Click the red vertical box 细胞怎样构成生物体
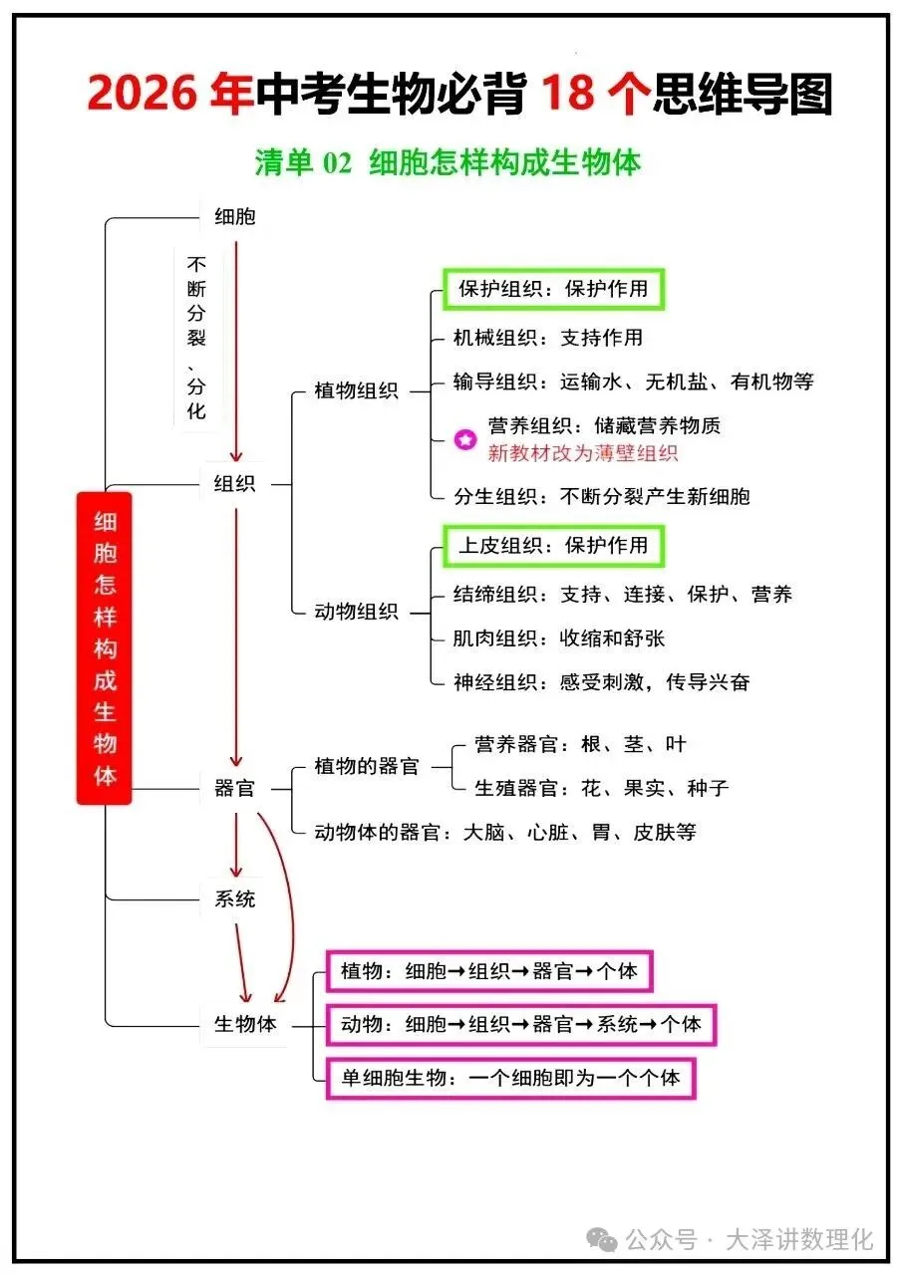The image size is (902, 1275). tap(105, 648)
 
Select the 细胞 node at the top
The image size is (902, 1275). tap(235, 216)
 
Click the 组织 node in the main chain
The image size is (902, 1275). tap(235, 484)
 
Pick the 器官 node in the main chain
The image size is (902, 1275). tap(235, 789)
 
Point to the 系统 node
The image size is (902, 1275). tap(235, 899)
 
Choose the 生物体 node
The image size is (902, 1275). tap(245, 1024)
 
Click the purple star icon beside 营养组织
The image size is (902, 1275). tap(465, 439)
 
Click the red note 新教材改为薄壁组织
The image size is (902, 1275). tap(583, 453)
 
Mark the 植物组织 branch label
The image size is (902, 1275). tap(356, 391)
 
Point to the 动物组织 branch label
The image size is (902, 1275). tap(356, 612)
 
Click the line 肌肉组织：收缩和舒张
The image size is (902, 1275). tap(559, 638)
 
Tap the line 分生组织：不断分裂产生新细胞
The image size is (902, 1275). tap(601, 496)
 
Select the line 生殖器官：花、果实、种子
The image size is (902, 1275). tap(601, 788)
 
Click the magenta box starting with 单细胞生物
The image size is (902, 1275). tap(510, 1078)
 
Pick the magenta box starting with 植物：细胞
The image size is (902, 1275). tap(488, 971)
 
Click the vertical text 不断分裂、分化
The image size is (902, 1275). tap(196, 338)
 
